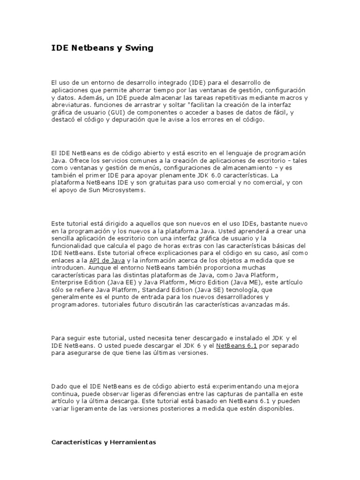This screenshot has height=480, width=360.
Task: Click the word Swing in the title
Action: click(x=139, y=48)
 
